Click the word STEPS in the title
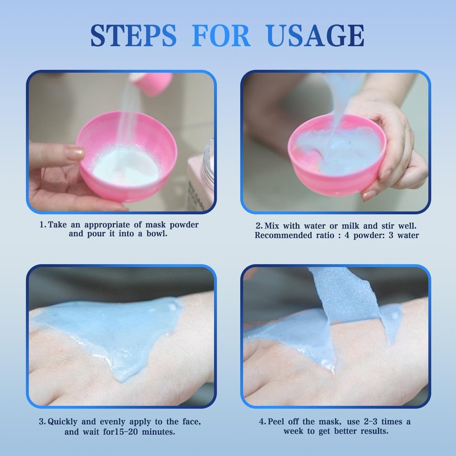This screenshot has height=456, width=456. point(133,35)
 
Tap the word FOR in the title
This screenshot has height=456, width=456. point(221,35)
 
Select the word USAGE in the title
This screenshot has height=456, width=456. point(315,35)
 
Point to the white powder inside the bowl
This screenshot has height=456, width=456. point(125,166)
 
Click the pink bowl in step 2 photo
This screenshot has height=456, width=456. point(337,154)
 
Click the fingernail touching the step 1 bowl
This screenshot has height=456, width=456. point(75,153)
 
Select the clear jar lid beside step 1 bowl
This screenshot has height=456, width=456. point(208,166)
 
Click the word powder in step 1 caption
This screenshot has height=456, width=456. point(184,225)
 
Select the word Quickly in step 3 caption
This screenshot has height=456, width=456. point(63,422)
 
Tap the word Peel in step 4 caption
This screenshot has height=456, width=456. point(275,422)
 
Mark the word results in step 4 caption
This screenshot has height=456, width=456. point(374,431)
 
